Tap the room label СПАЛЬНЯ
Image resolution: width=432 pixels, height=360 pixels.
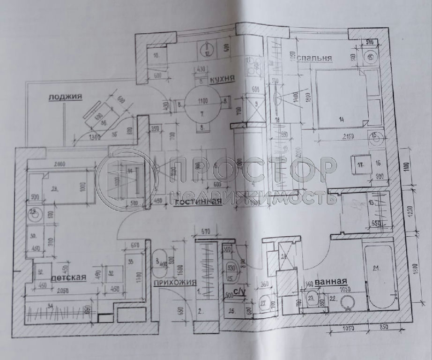[x=314, y=58]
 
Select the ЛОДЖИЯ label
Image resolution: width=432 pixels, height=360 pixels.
[x=65, y=97]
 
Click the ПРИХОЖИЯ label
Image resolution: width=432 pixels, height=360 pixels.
[x=174, y=282]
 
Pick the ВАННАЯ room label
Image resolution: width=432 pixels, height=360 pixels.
[x=330, y=282]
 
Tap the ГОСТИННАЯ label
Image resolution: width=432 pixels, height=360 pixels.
[x=197, y=202]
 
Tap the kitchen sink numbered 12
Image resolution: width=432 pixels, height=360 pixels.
[x=207, y=49]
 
